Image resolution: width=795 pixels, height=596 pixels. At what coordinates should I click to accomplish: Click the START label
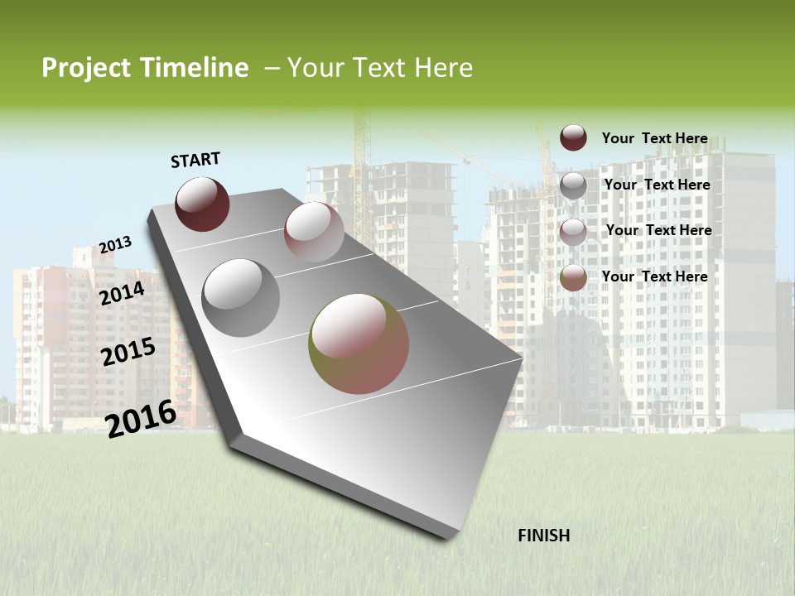(x=195, y=160)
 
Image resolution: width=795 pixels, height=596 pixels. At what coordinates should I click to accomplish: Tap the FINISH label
(x=543, y=536)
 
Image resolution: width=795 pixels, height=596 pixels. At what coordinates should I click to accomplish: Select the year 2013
(x=115, y=245)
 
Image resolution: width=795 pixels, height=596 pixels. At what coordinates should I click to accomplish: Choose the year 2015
(x=128, y=352)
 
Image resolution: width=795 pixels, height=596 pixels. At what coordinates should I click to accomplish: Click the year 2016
(x=141, y=418)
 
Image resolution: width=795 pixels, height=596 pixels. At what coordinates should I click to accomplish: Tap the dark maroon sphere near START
(x=202, y=204)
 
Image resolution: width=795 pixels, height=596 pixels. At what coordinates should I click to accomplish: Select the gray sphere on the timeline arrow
(x=241, y=298)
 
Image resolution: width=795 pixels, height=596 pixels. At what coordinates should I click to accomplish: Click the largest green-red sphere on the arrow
(x=359, y=344)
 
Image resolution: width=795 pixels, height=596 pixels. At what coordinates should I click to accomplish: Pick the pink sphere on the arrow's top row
(x=314, y=232)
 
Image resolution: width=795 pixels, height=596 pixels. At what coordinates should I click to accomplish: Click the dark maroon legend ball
(x=573, y=137)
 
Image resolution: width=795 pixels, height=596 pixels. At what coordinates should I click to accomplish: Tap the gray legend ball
(x=573, y=185)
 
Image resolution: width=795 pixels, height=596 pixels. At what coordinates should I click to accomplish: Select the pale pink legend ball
(x=573, y=231)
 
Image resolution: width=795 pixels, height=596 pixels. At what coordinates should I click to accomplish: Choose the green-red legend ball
(x=573, y=277)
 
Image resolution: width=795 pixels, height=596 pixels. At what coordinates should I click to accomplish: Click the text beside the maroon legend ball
(x=654, y=138)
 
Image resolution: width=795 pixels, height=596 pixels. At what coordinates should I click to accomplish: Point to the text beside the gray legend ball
(x=657, y=185)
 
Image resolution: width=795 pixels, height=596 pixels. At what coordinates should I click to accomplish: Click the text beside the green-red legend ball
(x=654, y=276)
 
